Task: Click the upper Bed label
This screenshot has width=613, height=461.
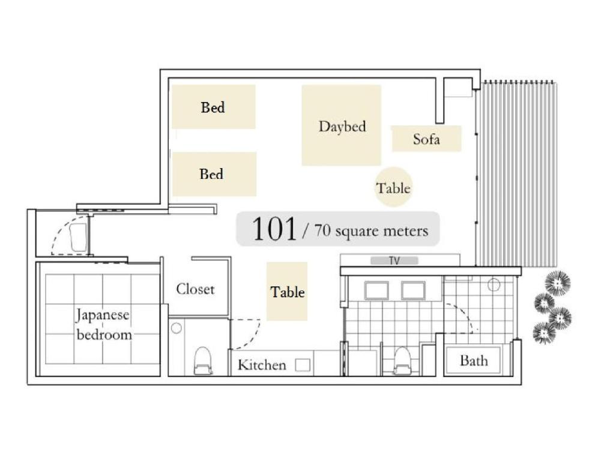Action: tap(213, 107)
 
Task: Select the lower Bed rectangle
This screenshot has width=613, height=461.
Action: tap(214, 174)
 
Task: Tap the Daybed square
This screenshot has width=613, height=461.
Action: tap(341, 125)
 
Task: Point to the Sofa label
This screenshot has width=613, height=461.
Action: tap(426, 139)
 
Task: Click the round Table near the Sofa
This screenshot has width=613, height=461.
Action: tap(393, 188)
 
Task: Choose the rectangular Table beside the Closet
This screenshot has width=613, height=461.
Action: tap(287, 292)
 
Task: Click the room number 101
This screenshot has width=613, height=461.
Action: tap(274, 229)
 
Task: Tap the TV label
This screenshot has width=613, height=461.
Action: tap(394, 261)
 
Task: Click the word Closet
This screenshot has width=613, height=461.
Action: tap(195, 289)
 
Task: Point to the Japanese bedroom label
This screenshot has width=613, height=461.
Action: tap(103, 324)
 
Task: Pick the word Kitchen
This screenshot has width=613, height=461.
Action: tap(262, 365)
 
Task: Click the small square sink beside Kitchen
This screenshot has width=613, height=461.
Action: tap(303, 365)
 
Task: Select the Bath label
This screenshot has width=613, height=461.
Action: tap(474, 361)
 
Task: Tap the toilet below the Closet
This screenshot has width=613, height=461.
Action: tap(203, 360)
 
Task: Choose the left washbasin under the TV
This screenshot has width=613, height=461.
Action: tap(376, 291)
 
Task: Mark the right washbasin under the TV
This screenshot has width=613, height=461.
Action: tap(413, 291)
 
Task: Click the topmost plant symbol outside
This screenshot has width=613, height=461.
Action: tap(558, 283)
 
